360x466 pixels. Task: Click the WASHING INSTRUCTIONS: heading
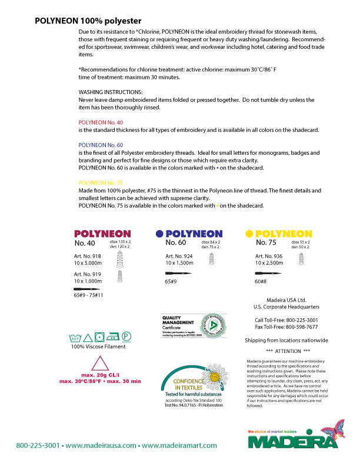point(111,92)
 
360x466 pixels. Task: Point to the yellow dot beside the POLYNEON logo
point(249,233)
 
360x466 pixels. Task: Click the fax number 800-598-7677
point(286,327)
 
